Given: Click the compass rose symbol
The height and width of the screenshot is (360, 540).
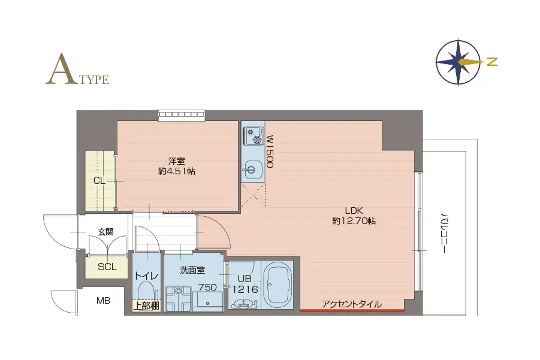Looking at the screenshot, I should pos(458,62).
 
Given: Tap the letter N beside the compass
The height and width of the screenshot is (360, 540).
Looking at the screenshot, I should pos(492,62).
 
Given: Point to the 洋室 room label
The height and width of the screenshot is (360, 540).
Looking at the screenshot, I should pos(176,165).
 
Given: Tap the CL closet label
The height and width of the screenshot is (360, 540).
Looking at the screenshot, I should pos(99,180).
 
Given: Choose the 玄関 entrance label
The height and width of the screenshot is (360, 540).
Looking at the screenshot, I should pos(105,231).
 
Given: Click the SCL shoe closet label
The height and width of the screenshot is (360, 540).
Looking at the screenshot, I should pos(107,267).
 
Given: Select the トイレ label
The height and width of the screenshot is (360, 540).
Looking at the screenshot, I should pos(146,276).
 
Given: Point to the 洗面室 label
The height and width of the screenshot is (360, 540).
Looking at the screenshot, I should pos(192,270).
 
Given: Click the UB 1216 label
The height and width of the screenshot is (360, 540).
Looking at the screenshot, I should pos(245,284).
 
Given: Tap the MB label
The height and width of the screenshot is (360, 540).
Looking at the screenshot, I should pos(104,301).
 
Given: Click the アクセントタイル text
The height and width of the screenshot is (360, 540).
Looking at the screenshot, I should pos(352,304).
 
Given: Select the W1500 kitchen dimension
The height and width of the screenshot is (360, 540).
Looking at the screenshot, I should pos(270,151).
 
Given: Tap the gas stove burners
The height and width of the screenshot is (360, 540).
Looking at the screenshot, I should pos(253,135).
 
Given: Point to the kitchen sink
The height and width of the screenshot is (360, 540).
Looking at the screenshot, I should pos(252,170).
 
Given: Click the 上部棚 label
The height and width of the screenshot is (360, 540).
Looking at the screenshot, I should pos(146,306).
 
